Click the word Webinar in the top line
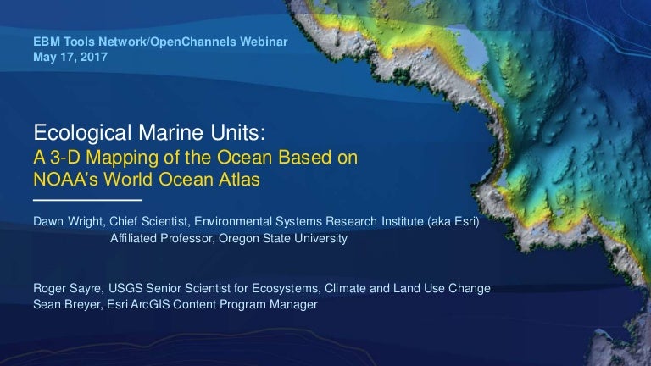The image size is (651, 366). [264, 42]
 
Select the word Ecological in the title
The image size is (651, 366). [82, 134]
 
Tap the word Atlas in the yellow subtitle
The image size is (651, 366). [240, 180]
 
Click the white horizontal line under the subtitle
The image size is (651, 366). [87, 200]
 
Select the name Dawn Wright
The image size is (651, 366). [68, 222]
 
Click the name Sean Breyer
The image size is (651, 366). [67, 305]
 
